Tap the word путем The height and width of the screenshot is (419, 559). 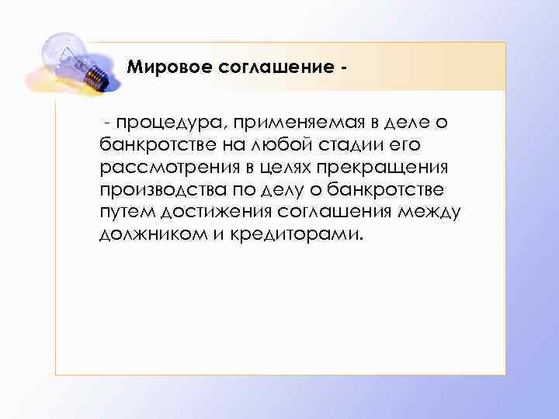click(x=125, y=213)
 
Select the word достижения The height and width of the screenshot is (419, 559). click(x=207, y=213)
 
